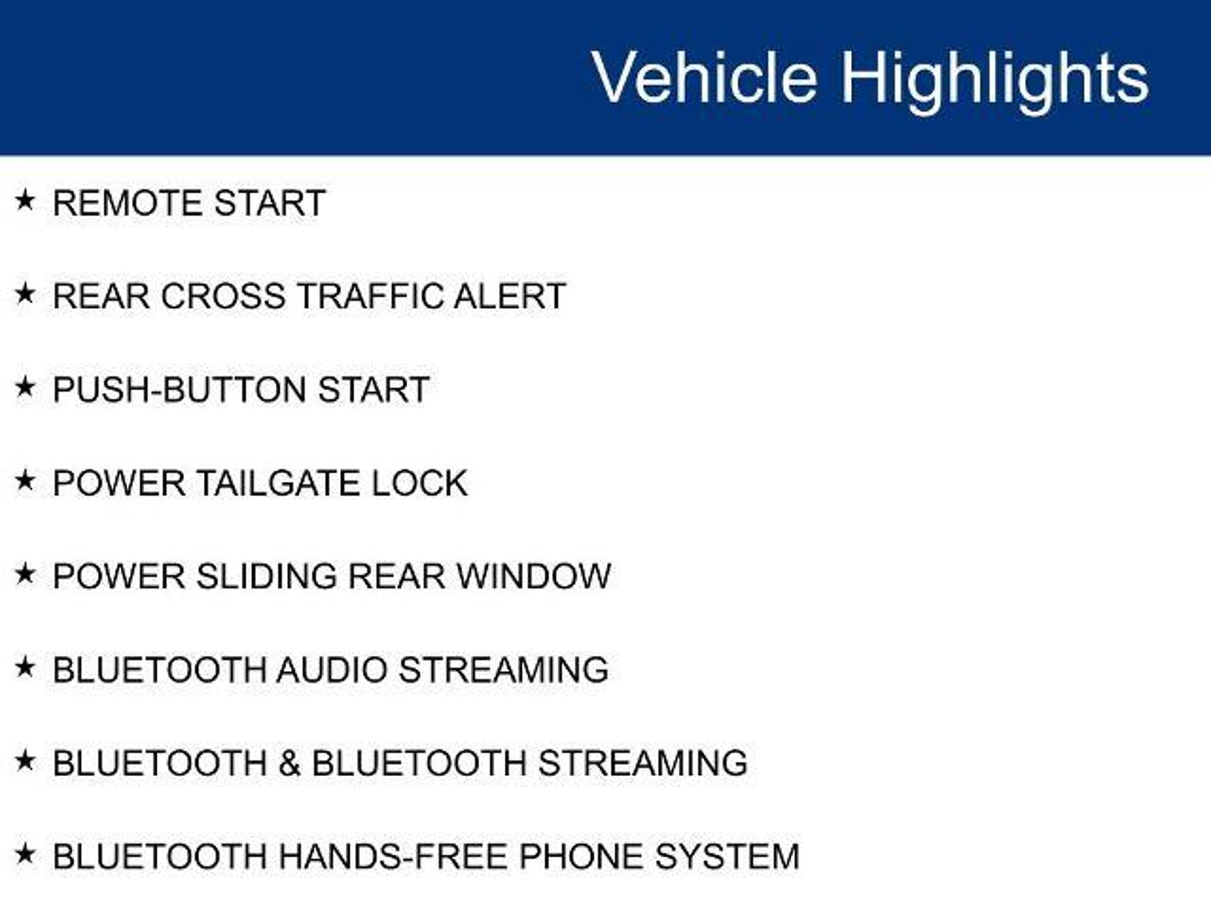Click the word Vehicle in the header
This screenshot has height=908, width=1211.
coord(704,77)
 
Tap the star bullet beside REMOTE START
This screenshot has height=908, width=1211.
coord(25,200)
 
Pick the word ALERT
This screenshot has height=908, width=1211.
coord(510,296)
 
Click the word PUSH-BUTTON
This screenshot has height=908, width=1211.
coord(180,390)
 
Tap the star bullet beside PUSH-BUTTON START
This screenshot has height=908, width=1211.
coord(25,387)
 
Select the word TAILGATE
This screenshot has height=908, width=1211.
coord(277,484)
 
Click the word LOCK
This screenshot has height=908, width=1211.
coord(419,484)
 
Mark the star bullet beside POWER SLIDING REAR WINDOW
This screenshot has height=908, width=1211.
coord(25,573)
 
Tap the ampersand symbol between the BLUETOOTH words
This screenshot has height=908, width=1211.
coord(289,763)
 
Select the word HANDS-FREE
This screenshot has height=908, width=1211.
coord(393,857)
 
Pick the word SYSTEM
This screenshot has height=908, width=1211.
coord(727,857)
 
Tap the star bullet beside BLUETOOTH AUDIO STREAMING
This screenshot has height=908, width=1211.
coord(25,667)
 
